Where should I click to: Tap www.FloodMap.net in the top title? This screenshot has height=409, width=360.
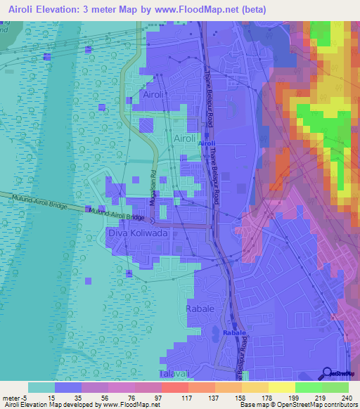(208, 9)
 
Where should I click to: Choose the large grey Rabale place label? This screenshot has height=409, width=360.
(200, 309)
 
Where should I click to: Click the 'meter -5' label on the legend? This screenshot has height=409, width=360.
(13, 397)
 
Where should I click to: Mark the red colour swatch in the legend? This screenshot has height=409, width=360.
(174, 387)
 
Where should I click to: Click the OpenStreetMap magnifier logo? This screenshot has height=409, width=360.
(328, 373)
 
